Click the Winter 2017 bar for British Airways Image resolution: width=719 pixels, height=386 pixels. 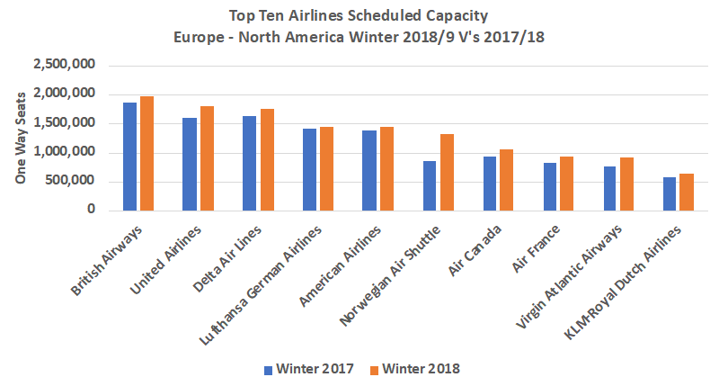[130, 157]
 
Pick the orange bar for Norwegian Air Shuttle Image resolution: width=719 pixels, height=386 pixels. [447, 172]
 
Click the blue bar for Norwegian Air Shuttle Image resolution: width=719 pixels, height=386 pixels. [430, 185]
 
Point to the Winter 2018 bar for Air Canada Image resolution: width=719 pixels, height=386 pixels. [507, 180]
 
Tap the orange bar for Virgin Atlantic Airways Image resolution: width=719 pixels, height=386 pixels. [626, 184]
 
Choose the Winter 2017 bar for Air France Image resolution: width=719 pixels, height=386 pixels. [550, 186]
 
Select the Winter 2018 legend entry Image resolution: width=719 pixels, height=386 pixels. [421, 369]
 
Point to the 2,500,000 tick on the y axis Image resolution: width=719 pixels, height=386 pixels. [70, 66]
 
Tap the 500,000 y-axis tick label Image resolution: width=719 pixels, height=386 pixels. [77, 182]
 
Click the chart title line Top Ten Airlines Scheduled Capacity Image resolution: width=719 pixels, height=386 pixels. [359, 15]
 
